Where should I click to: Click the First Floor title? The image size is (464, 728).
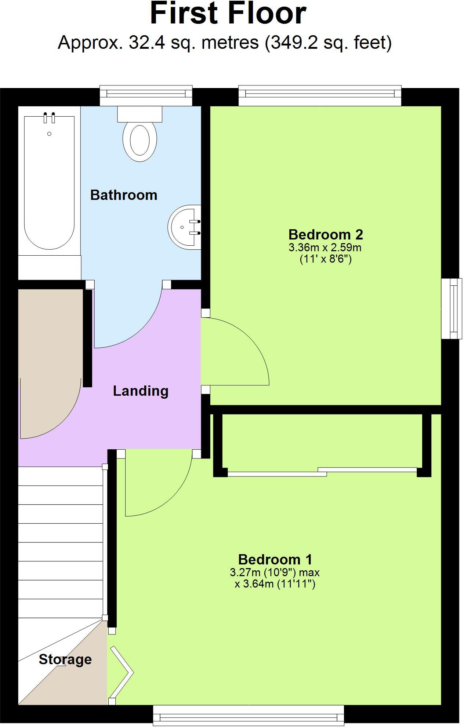pyautogui.click(x=228, y=13)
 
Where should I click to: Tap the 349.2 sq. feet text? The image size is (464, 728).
pyautogui.click(x=328, y=43)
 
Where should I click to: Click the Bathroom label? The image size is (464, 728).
pyautogui.click(x=124, y=195)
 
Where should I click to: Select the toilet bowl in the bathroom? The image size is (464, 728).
pyautogui.click(x=139, y=141)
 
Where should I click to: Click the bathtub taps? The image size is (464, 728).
pyautogui.click(x=49, y=117)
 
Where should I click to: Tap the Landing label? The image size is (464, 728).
pyautogui.click(x=141, y=391)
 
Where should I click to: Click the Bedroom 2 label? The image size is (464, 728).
pyautogui.click(x=326, y=234)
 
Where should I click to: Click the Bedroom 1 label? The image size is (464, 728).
pyautogui.click(x=275, y=559)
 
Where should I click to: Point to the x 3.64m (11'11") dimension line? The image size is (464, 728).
pyautogui.click(x=275, y=584)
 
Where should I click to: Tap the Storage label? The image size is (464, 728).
pyautogui.click(x=65, y=659)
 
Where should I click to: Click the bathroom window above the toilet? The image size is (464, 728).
pyautogui.click(x=146, y=95)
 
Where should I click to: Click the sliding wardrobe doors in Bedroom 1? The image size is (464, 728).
pyautogui.click(x=322, y=472)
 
